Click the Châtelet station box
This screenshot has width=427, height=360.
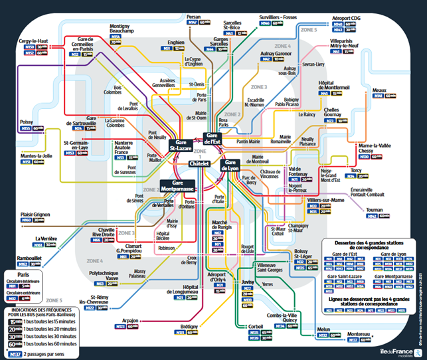(x=199, y=163)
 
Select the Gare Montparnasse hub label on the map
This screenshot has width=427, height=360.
(x=177, y=187)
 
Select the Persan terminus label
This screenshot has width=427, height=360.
(x=194, y=16)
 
